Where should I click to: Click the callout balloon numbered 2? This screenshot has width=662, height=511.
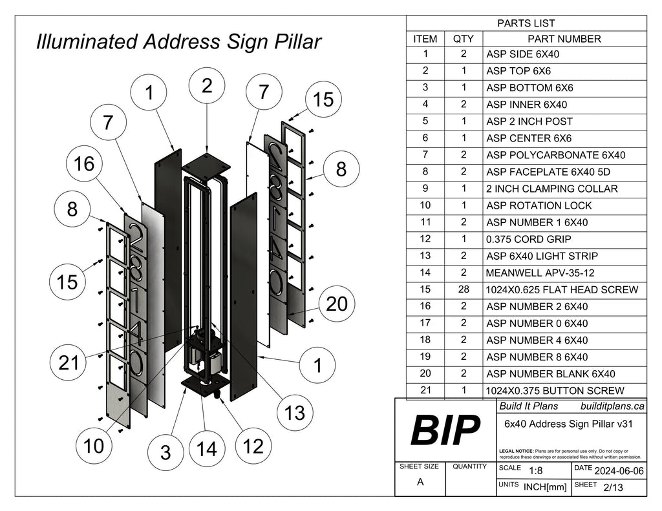(x=207, y=87)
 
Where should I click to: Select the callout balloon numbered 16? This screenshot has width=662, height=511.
(x=84, y=165)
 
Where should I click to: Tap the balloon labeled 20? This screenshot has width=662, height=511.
(x=337, y=304)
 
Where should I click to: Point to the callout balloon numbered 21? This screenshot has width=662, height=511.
(x=69, y=363)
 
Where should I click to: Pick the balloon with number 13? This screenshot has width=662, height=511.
(x=295, y=413)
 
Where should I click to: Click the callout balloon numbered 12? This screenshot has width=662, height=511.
(x=254, y=446)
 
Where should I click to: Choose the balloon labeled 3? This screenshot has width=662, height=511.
(x=165, y=452)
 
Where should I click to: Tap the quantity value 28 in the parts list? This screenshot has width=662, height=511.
(x=463, y=289)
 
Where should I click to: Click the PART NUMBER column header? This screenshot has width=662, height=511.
(x=564, y=39)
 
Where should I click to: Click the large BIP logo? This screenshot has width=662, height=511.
(x=445, y=430)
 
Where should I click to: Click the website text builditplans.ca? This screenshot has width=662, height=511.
(x=612, y=406)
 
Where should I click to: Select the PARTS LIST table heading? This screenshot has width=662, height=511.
(x=526, y=23)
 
